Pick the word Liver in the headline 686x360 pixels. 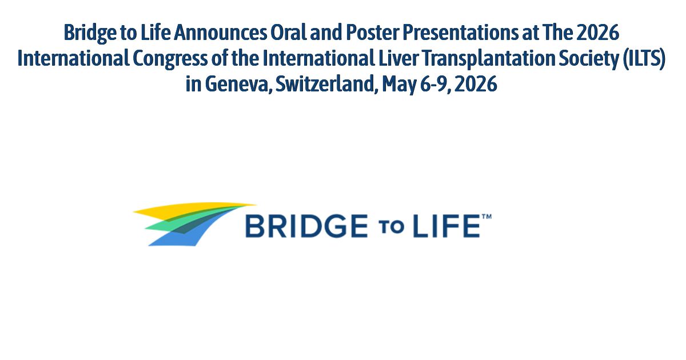pos(377,59)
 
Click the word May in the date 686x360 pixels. pos(397,85)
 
